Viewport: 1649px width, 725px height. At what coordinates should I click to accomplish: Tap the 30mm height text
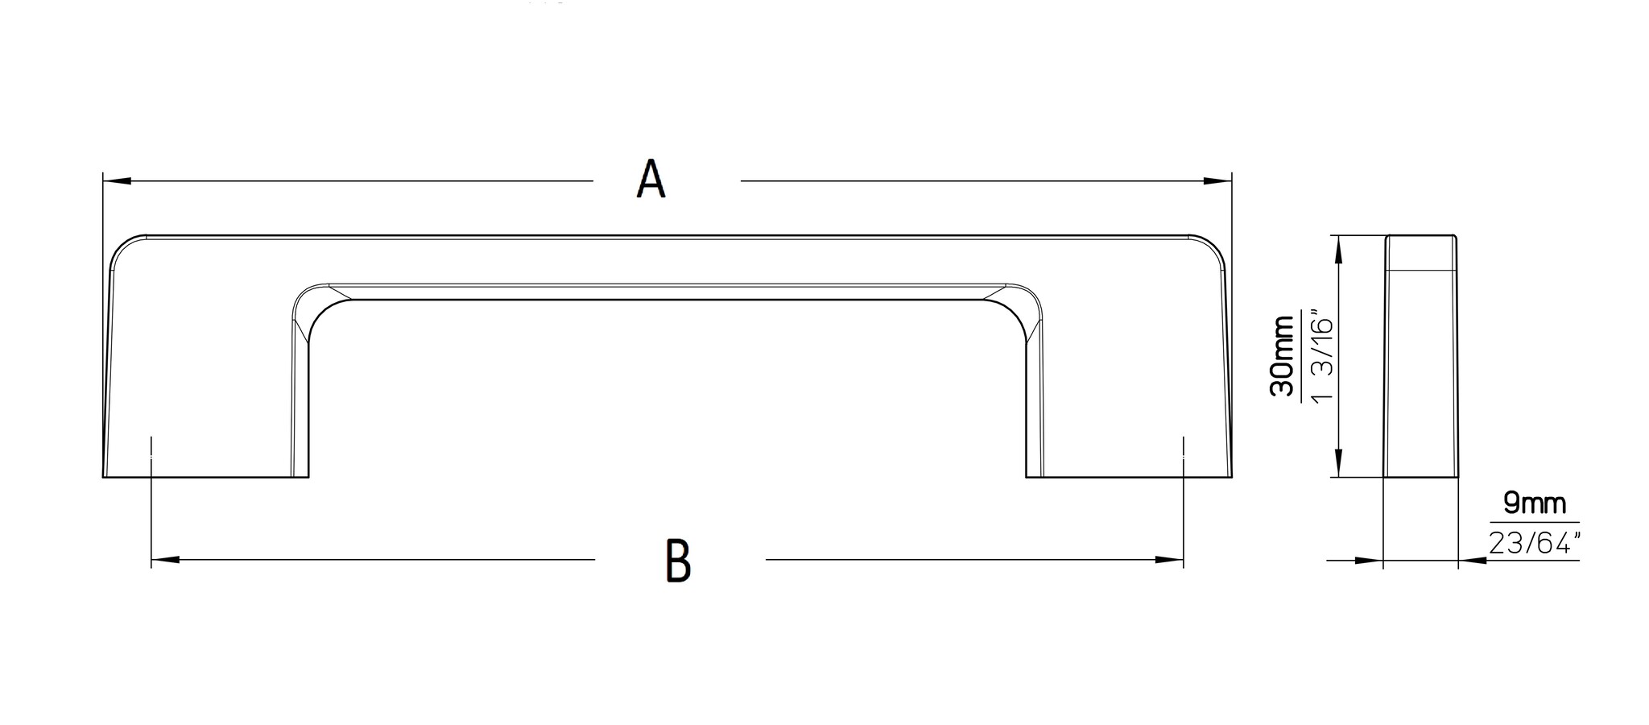point(1281,356)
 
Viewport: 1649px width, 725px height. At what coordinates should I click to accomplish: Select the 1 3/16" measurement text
point(1322,356)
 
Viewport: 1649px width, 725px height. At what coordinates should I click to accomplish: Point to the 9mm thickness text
point(1535,504)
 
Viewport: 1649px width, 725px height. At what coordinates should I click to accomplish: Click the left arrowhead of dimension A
point(118,180)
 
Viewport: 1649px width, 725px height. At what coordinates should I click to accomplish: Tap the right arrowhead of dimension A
point(1217,180)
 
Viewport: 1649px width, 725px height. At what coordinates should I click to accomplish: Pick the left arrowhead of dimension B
point(165,559)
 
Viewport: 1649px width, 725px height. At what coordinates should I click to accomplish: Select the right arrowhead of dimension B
point(1169,559)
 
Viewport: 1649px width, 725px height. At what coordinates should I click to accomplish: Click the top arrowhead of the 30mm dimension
point(1338,250)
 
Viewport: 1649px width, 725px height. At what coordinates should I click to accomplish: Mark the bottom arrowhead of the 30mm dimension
point(1338,463)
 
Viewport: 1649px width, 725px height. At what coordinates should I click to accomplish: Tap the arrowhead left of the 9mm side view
point(1369,560)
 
